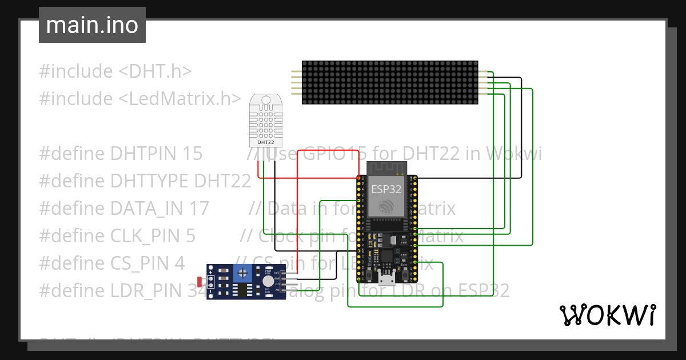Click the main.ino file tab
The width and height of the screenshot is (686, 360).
point(92,25)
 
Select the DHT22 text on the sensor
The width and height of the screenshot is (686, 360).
point(266,142)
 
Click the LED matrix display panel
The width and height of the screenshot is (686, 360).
point(390,83)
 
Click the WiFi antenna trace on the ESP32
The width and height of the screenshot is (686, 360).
point(386,168)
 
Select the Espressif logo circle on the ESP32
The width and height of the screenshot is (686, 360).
point(386,206)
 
